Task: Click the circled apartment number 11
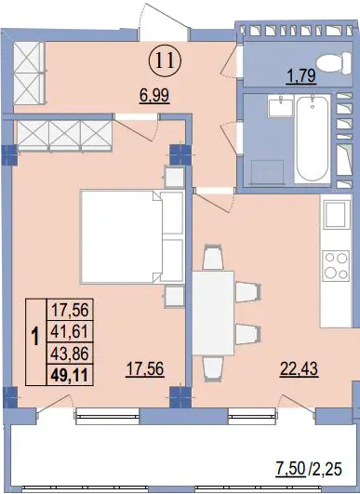click(x=166, y=60)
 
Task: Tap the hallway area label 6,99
click(x=154, y=95)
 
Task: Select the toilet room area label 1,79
click(x=301, y=76)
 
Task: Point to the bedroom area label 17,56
click(x=144, y=368)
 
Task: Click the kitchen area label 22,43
click(x=299, y=368)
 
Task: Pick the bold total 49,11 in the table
click(x=69, y=375)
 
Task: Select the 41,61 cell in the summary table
click(x=70, y=332)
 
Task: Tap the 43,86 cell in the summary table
click(x=70, y=354)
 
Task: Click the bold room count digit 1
click(x=36, y=337)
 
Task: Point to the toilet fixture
click(x=334, y=63)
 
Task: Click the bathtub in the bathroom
click(x=313, y=139)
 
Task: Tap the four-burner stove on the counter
click(x=336, y=265)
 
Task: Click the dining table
click(x=213, y=314)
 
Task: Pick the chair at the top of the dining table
click(x=213, y=257)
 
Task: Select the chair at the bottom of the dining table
click(x=213, y=369)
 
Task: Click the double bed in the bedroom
click(x=132, y=236)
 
